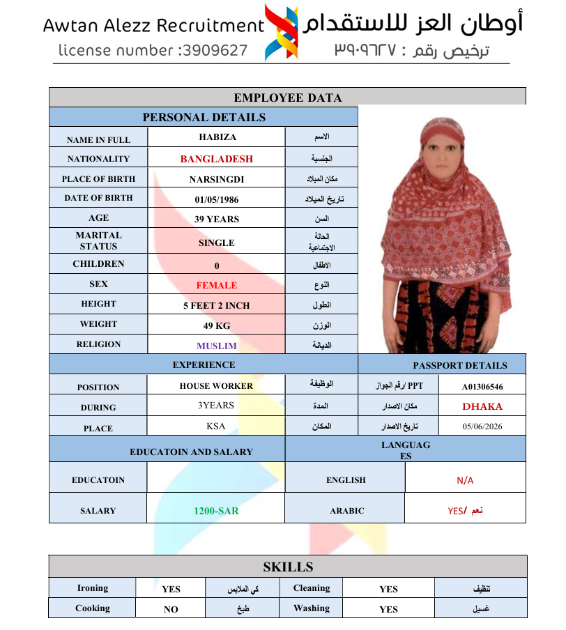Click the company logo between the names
coord(282,32)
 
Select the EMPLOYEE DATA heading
coord(287,98)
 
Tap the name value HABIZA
coord(217,137)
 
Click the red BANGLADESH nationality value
coord(217,159)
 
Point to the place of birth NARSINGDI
coord(217,179)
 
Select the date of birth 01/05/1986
coord(217,199)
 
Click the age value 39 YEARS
coord(217,219)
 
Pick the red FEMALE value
coord(217,285)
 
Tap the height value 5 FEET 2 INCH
coord(217,305)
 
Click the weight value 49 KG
coord(217,325)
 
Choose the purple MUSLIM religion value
coord(217,346)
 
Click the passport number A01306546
coord(482,386)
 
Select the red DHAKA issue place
coord(482,406)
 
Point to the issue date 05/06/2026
coord(482,427)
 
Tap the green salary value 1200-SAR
coord(216,511)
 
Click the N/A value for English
coord(465,480)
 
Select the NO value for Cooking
coord(171,609)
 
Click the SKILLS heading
coord(288,567)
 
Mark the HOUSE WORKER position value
coord(216,385)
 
